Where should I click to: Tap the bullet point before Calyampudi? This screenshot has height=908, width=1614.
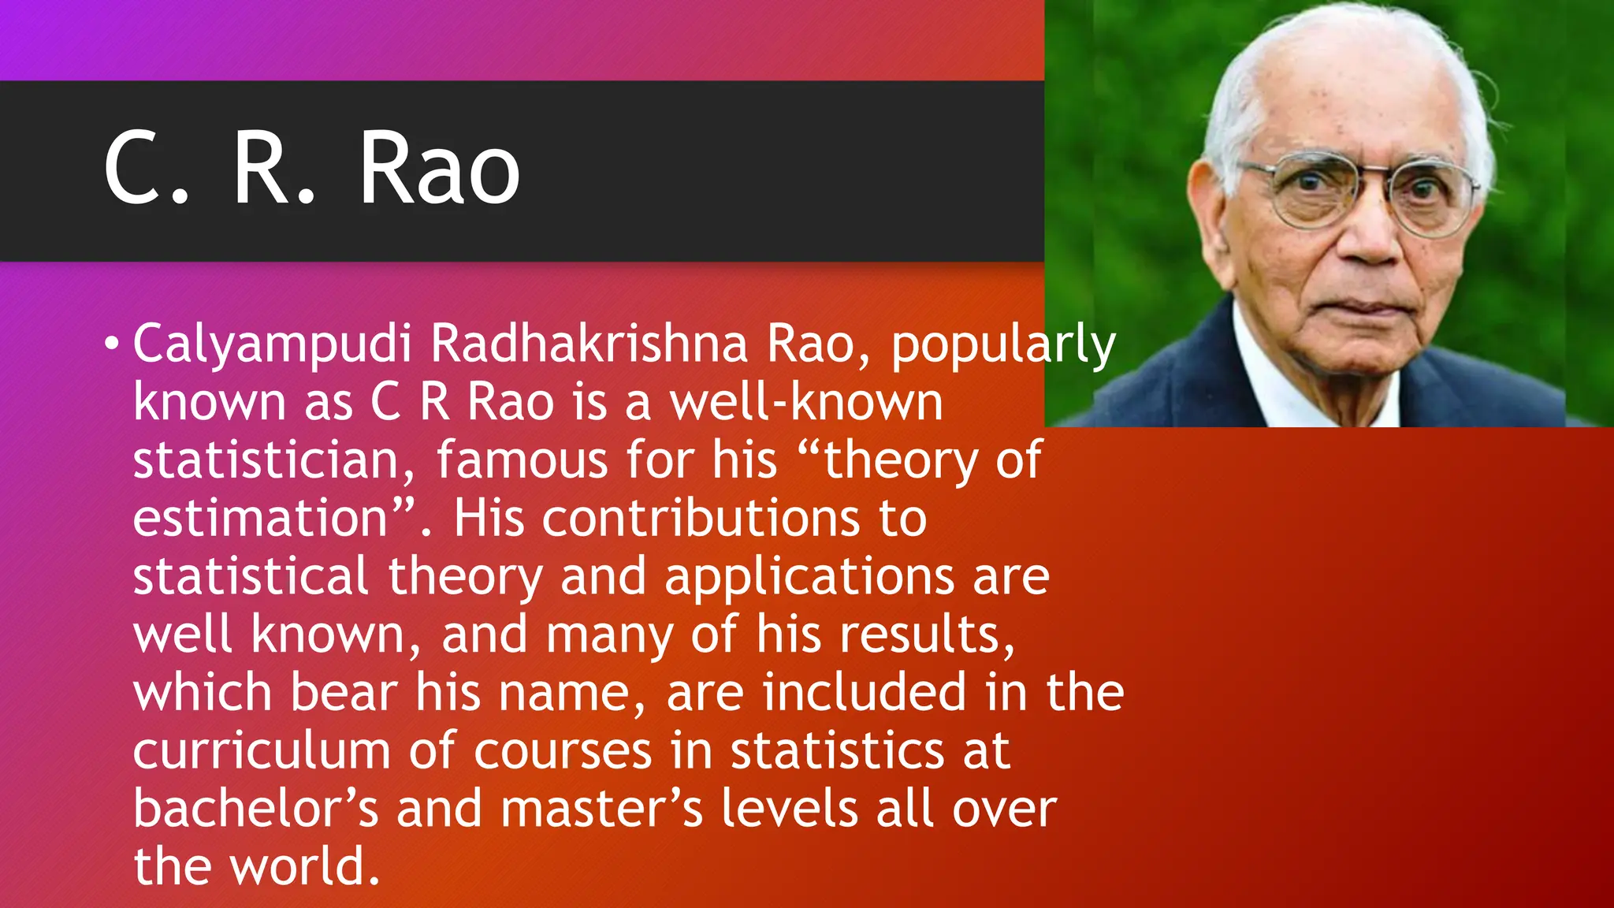[x=112, y=344]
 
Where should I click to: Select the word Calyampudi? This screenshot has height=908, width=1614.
[x=272, y=345]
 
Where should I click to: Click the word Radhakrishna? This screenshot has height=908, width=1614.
[x=589, y=344]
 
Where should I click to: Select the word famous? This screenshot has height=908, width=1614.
[x=522, y=460]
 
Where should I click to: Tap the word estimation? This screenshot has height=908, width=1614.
[x=260, y=519]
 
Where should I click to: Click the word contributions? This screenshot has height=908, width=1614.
[x=701, y=519]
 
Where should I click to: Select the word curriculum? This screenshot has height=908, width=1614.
[x=261, y=750]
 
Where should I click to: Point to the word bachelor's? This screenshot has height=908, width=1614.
[x=255, y=809]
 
